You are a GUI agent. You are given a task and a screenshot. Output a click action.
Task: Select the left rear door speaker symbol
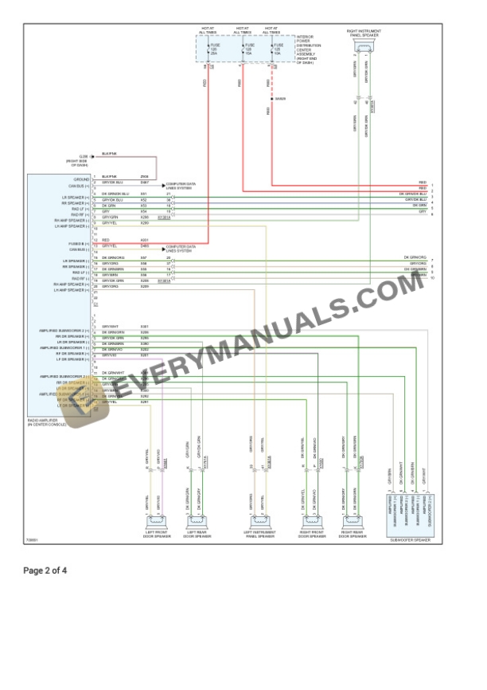coord(197,522)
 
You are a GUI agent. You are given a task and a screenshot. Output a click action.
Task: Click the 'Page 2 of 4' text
coord(45,570)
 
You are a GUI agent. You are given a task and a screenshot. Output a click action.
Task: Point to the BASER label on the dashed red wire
coord(279,98)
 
